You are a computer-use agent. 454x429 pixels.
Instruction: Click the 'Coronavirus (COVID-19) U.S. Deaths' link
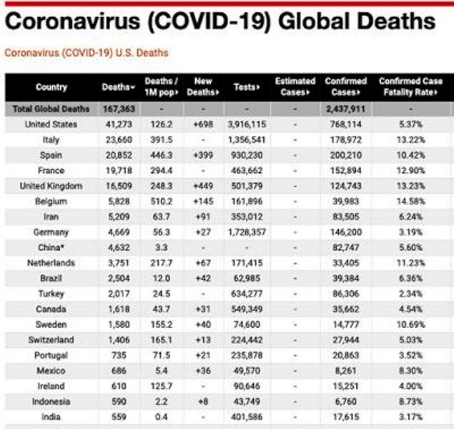pos(87,53)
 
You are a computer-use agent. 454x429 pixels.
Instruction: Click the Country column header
pos(51,87)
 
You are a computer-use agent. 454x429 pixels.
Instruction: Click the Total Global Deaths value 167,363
pos(119,109)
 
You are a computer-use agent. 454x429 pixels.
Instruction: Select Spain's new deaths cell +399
pos(204,155)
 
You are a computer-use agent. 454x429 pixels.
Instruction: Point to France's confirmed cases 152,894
pos(345,171)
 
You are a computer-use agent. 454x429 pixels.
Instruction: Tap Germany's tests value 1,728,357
pos(245,232)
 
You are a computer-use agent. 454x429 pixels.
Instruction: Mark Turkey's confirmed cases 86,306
pos(345,294)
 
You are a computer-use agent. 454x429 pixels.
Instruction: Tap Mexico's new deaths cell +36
pos(204,371)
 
